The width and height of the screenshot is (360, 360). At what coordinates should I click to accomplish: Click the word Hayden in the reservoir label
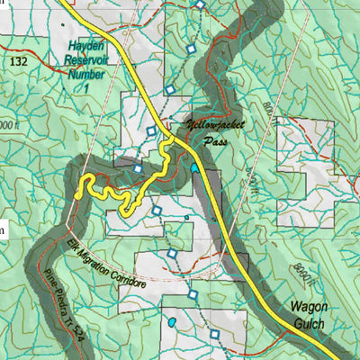pos(86,44)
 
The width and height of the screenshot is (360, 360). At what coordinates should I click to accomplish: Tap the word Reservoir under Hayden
pos(86,60)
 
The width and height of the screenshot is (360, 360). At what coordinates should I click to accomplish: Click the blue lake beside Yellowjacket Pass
pos(194,167)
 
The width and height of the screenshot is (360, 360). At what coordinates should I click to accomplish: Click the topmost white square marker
pos(201,5)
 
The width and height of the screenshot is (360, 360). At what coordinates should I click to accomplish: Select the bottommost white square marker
pos(215,337)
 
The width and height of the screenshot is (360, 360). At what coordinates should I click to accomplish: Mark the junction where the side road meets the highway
pos(166,142)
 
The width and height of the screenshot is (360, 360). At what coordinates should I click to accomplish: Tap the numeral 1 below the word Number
pos(87,90)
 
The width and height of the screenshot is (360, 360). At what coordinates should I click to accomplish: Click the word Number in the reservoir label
pos(86,76)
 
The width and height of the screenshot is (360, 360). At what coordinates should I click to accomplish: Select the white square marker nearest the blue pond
pos(192,293)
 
